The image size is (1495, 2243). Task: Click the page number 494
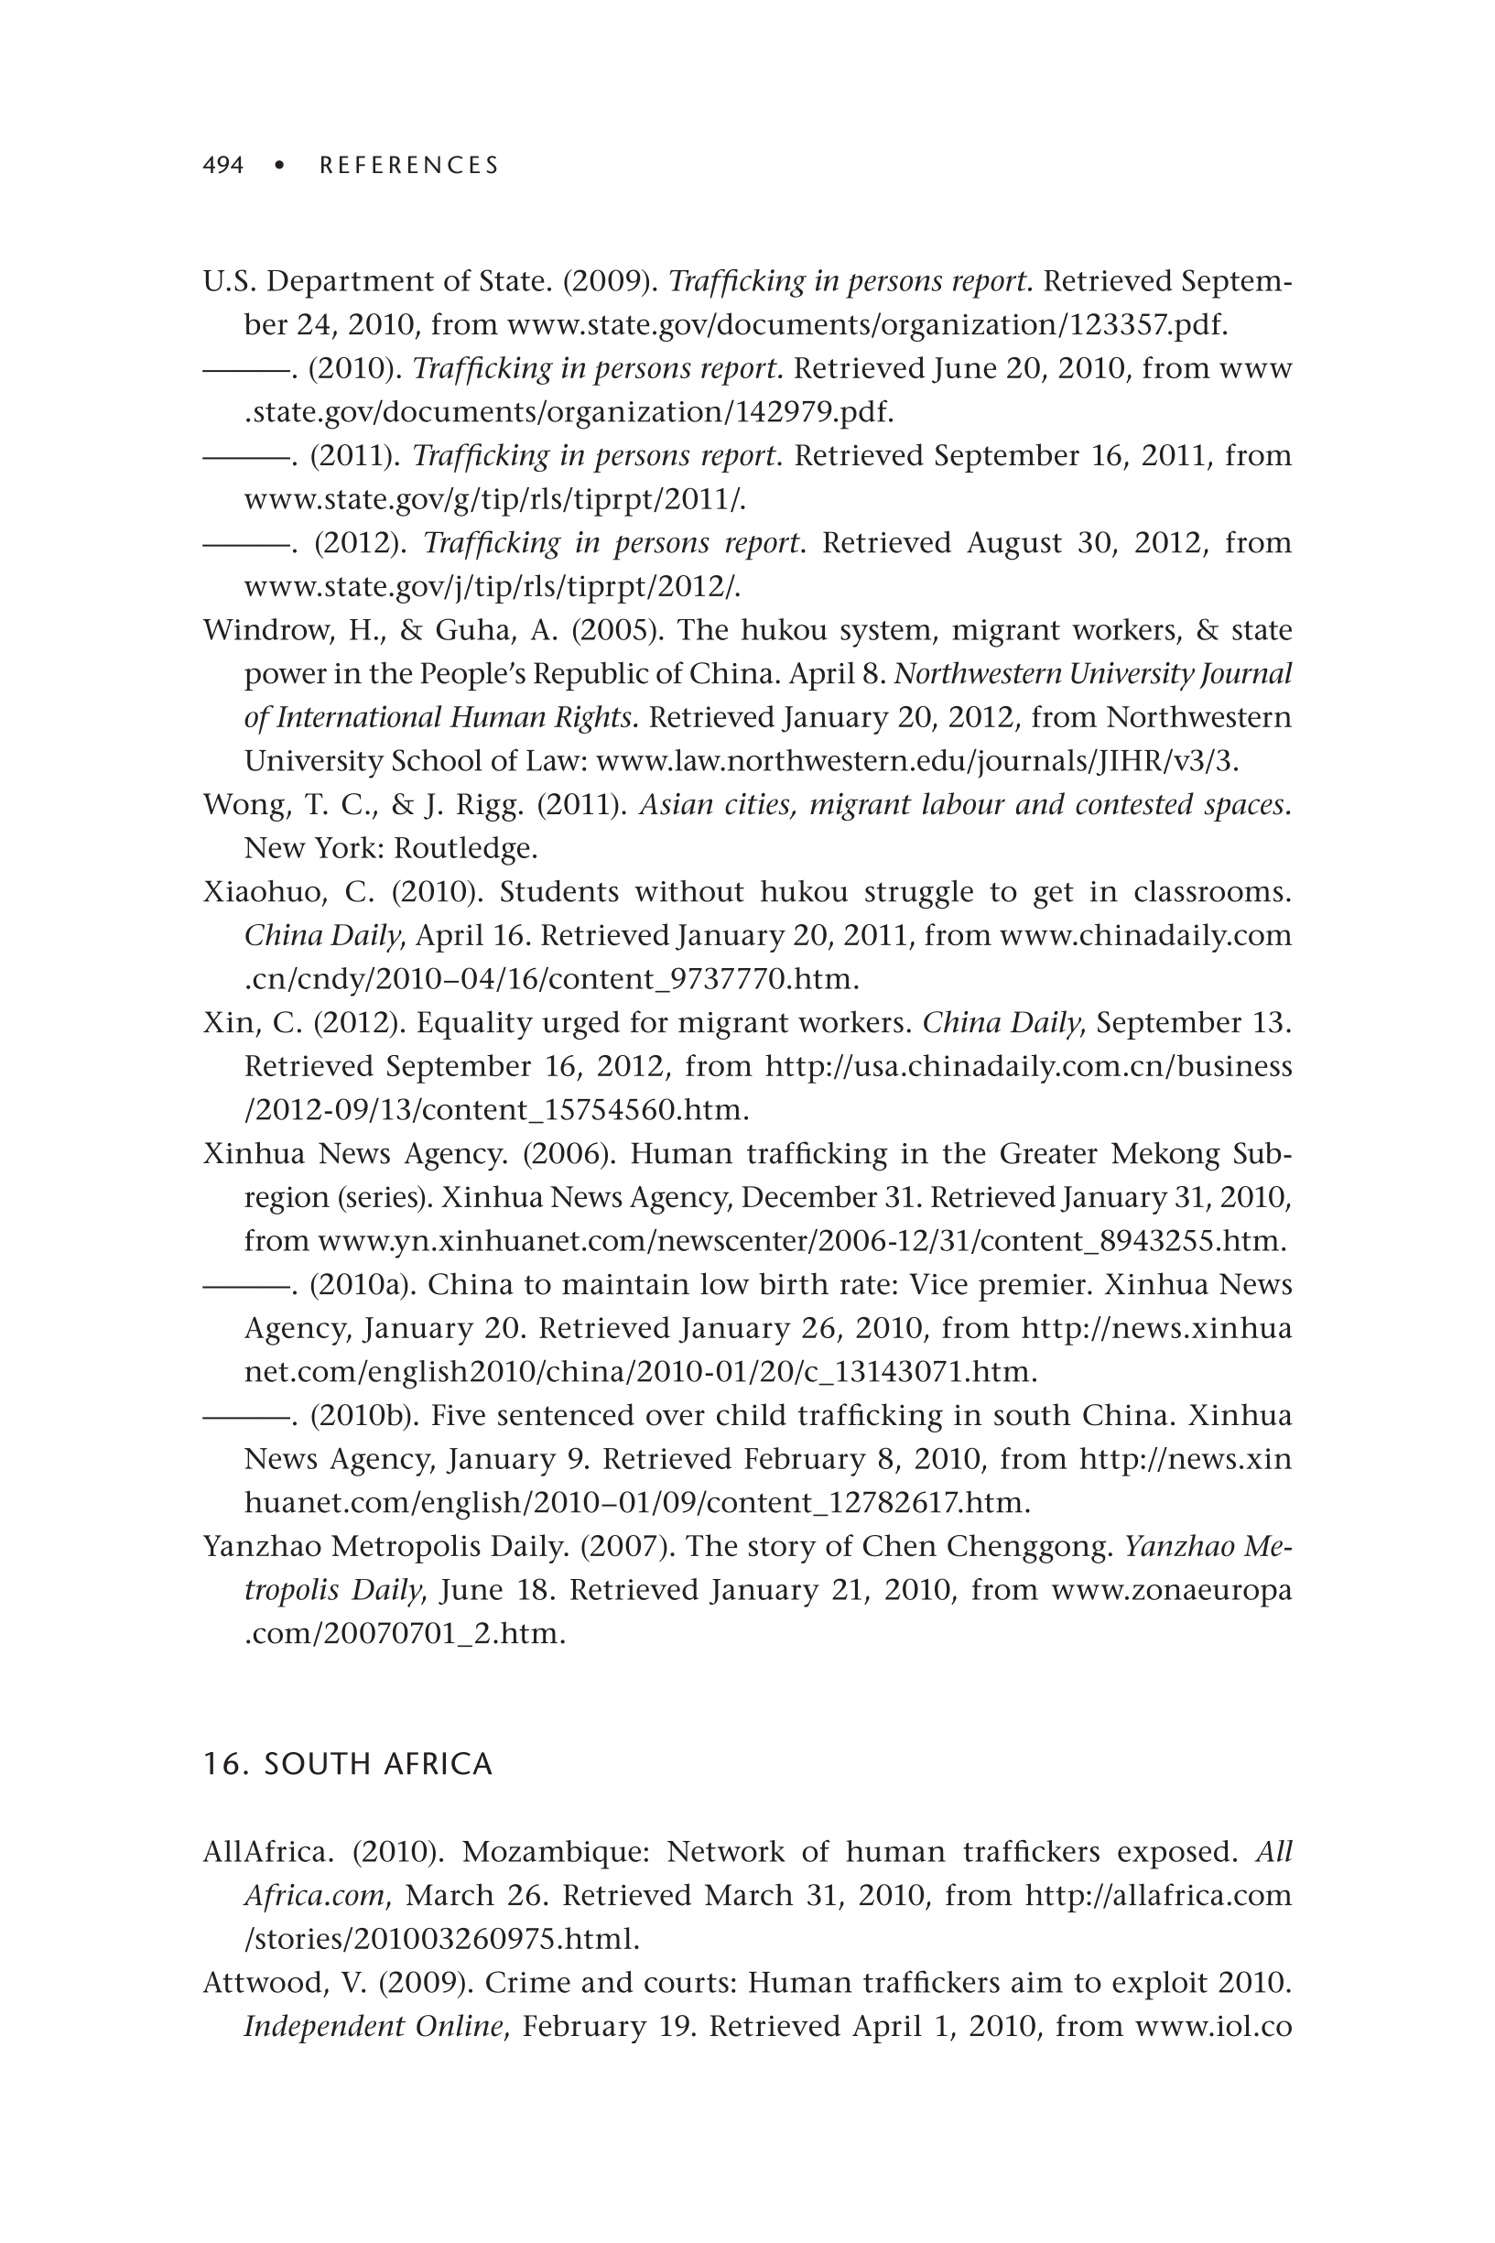223,166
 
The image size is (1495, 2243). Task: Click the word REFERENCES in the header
409,166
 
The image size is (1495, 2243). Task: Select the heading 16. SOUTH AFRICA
347,1764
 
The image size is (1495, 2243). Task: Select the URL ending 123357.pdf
867,325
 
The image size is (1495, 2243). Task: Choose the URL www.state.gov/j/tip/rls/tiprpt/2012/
492,586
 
